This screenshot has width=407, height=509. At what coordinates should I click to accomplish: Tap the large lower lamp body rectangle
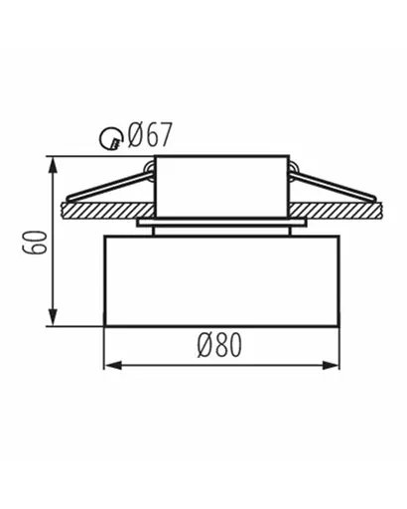pos(219,281)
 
